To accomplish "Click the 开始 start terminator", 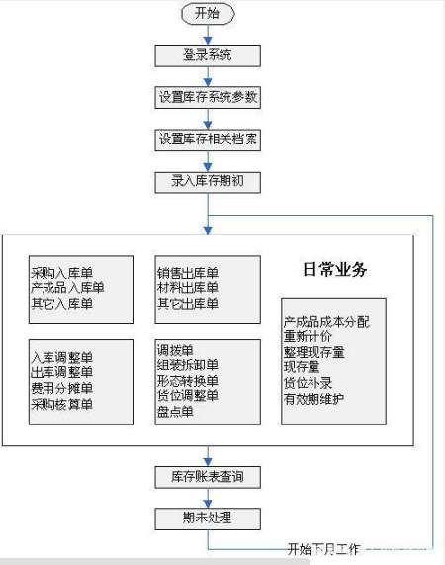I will (208, 14).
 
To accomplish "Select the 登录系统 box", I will (208, 55).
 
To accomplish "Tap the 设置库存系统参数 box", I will (208, 97).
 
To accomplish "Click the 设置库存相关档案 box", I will (208, 140).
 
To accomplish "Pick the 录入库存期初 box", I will (208, 181).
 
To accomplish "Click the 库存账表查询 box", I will (208, 478).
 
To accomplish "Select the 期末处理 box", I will (208, 518).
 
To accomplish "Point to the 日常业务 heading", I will (334, 269).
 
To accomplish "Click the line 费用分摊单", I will (61, 388).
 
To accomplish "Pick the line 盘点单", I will (175, 412).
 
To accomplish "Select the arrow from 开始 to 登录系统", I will (208, 35).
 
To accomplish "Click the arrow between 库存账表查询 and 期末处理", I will (208, 498).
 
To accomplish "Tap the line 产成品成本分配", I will (326, 322).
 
